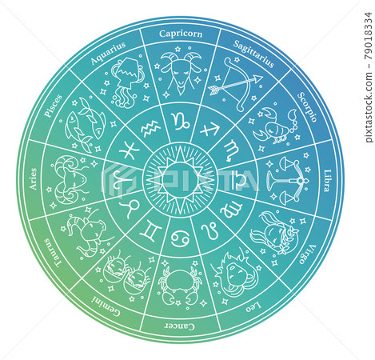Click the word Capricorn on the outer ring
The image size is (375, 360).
[x=181, y=34]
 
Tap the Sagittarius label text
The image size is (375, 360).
[x=253, y=54]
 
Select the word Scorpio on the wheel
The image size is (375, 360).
[x=307, y=107]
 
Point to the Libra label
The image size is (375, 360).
[x=327, y=181]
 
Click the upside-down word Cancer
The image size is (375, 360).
[x=179, y=326]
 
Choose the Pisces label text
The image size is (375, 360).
[x=53, y=106]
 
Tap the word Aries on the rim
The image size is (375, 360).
[x=33, y=178]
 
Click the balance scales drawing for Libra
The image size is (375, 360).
[x=289, y=178]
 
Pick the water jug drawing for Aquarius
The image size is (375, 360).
[x=127, y=82]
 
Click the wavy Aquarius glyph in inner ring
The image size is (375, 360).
[x=150, y=128]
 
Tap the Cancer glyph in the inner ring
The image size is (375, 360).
[x=180, y=238]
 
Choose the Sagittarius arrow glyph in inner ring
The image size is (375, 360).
[x=210, y=129]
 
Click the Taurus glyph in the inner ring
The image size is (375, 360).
[x=130, y=208]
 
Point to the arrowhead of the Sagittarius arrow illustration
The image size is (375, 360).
[x=258, y=78]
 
